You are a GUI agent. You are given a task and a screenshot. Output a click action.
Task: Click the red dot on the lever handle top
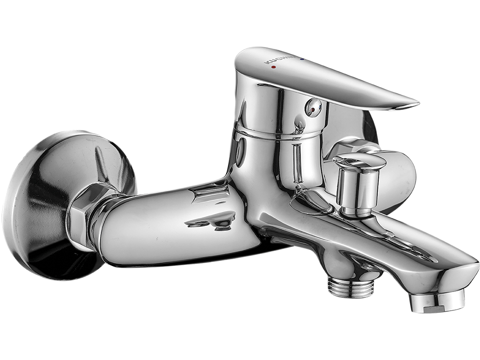tap(273, 67)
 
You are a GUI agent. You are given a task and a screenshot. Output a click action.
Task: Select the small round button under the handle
tap(313, 108)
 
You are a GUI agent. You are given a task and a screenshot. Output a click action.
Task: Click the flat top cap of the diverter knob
tap(359, 160)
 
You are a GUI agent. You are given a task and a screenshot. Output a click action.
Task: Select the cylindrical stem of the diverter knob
tap(357, 189)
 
